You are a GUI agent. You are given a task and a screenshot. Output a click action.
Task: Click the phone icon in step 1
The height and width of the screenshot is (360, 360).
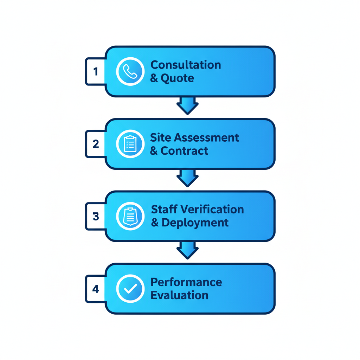130,71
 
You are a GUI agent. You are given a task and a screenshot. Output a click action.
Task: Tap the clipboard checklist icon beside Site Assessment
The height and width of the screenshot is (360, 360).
130,144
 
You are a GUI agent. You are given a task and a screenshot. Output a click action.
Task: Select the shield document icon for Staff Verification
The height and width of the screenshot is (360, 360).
130,216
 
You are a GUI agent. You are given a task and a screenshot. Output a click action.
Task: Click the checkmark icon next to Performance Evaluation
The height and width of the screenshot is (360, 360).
130,289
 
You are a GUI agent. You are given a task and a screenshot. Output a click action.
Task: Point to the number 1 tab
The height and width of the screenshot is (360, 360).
96,71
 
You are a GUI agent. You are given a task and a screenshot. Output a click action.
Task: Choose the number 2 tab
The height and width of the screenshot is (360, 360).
96,144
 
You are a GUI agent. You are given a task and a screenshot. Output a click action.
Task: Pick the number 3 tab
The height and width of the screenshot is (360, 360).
96,216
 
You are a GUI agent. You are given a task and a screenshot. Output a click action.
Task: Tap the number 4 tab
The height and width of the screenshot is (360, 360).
96,289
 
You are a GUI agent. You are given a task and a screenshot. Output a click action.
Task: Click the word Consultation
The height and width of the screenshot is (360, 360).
186,65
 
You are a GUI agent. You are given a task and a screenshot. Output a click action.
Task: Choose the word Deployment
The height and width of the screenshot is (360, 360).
195,223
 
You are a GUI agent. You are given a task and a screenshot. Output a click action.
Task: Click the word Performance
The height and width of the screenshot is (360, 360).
186,282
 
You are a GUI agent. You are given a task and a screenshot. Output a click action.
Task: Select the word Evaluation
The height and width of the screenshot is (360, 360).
179,295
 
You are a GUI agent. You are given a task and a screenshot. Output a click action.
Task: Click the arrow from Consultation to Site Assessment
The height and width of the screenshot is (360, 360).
187,105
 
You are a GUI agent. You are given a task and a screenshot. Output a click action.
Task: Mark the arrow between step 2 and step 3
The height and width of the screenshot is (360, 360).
187,178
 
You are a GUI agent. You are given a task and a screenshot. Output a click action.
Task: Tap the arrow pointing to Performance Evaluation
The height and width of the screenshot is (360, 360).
187,250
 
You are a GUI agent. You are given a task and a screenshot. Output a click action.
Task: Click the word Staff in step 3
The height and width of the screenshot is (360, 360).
164,210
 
